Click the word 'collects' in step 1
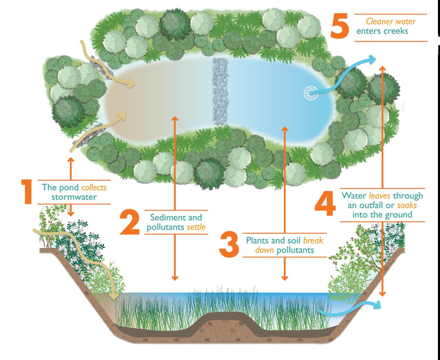point(94,188)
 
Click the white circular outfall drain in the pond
point(310,92)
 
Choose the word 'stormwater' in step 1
point(74,197)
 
